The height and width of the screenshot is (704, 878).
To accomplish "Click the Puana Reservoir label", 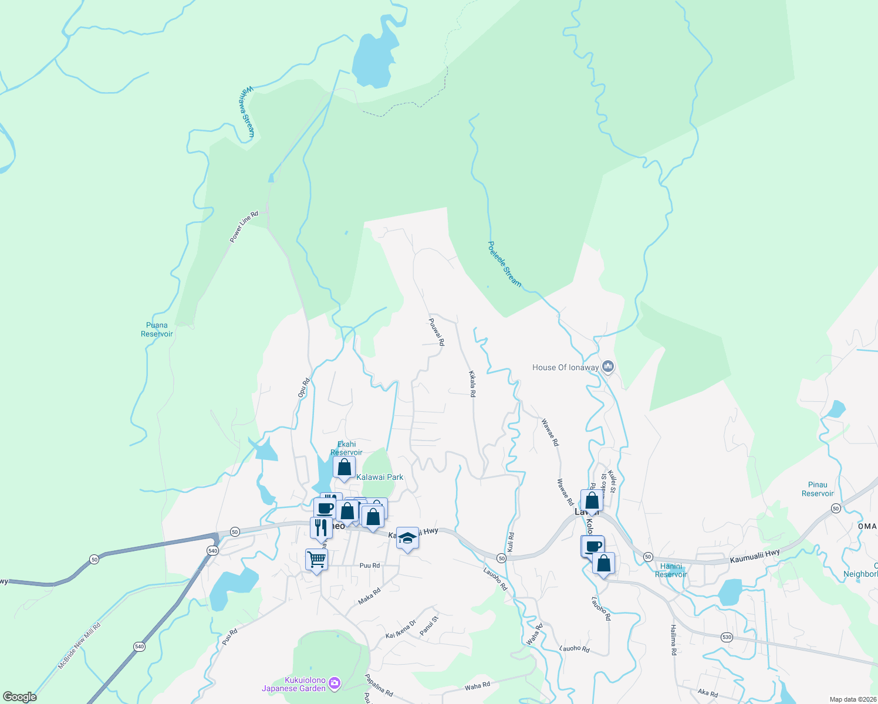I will click(x=157, y=330).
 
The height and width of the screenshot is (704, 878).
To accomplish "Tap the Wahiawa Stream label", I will click(x=246, y=111).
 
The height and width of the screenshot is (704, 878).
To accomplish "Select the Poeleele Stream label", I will click(x=504, y=264).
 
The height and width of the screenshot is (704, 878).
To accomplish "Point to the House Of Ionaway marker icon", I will click(x=608, y=367).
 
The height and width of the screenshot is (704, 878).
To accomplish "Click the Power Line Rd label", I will click(x=244, y=227).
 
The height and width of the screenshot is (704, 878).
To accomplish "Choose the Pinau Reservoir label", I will click(x=818, y=489).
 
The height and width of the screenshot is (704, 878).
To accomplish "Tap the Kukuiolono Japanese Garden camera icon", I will click(x=335, y=682).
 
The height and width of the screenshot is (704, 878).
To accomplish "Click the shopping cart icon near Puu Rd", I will click(x=316, y=559).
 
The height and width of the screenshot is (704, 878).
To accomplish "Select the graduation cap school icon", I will click(x=407, y=538).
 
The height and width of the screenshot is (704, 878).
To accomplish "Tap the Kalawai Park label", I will click(x=380, y=477).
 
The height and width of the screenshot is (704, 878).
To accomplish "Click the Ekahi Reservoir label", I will click(x=346, y=448).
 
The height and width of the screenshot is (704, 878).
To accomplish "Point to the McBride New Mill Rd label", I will click(x=79, y=646).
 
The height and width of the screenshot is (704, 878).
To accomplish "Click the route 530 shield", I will click(x=727, y=637).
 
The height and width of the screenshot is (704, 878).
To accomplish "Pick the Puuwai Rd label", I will click(x=437, y=332).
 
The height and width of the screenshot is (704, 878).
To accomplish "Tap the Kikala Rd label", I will click(x=471, y=384).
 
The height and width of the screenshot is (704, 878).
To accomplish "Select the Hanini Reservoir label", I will click(x=671, y=570).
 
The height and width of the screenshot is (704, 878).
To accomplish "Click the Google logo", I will click(x=20, y=697).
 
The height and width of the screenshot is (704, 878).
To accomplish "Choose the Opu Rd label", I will click(x=303, y=388).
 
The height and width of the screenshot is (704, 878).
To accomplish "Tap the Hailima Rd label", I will click(x=673, y=639).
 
